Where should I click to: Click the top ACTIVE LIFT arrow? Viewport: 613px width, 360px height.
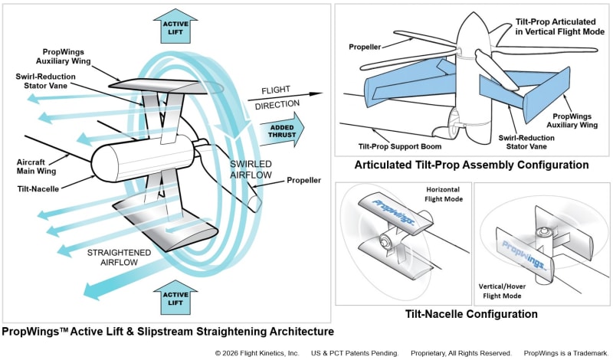tap(175, 26)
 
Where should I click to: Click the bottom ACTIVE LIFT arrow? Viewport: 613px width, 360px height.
tap(175, 297)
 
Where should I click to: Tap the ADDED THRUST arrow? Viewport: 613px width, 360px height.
tap(282, 129)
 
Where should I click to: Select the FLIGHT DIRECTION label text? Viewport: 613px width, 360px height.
tap(277, 97)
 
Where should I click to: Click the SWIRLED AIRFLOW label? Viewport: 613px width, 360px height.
tap(251, 169)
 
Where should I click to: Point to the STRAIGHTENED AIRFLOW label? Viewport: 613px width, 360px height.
tap(119, 257)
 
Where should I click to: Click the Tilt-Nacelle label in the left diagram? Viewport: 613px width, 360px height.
tap(38, 188)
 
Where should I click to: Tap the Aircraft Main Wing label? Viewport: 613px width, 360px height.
tap(36, 166)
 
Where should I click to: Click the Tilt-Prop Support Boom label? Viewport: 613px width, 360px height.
tap(400, 146)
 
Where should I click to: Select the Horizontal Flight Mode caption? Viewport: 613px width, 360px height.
tap(444, 195)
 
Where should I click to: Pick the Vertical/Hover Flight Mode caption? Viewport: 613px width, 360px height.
tap(503, 291)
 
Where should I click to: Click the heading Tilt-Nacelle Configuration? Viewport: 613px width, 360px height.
tap(471, 314)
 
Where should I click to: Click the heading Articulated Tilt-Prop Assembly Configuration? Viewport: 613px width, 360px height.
tap(471, 165)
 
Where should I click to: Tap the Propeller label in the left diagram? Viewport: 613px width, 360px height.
tap(303, 180)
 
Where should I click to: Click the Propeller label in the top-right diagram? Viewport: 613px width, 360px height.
tap(365, 47)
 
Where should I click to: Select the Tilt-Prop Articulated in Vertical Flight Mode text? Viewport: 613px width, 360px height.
tap(560, 27)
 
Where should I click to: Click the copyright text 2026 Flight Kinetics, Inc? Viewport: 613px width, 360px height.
tap(257, 353)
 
